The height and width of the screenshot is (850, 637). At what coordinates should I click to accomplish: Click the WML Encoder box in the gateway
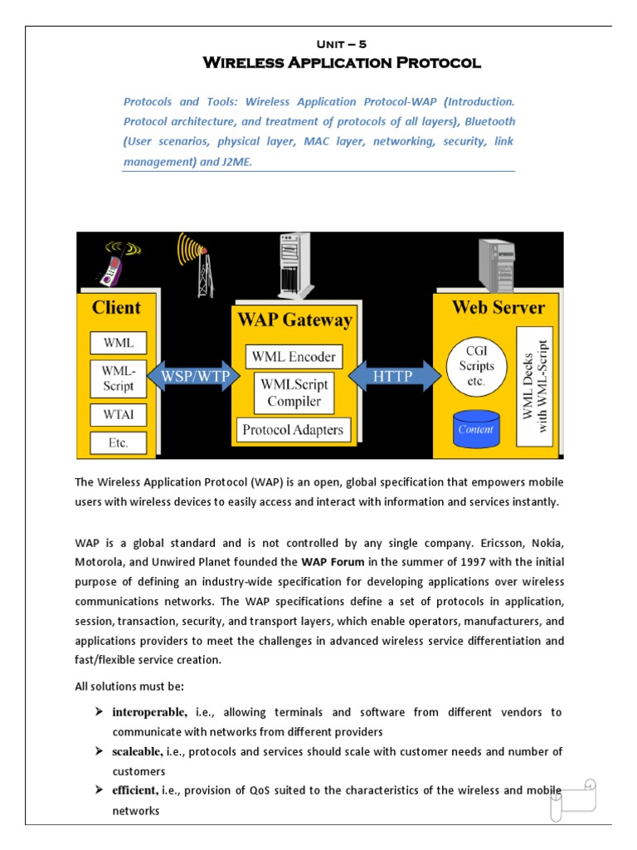click(294, 357)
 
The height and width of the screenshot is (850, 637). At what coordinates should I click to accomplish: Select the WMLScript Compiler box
click(294, 393)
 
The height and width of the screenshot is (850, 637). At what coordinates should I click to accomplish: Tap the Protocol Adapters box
click(294, 430)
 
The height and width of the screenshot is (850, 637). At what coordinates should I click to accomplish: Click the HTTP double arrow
click(394, 375)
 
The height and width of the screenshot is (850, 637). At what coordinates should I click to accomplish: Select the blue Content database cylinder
click(475, 427)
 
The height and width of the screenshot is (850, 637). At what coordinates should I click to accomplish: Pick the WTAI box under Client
click(118, 413)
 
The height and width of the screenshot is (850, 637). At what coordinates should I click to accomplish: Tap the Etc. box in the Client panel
click(118, 442)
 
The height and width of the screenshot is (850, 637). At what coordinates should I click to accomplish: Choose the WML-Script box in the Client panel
click(118, 378)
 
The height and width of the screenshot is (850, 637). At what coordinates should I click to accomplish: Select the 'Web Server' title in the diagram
click(498, 307)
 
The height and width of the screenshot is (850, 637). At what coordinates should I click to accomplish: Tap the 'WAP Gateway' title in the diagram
click(294, 320)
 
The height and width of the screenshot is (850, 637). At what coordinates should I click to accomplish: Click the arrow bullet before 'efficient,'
click(98, 790)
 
